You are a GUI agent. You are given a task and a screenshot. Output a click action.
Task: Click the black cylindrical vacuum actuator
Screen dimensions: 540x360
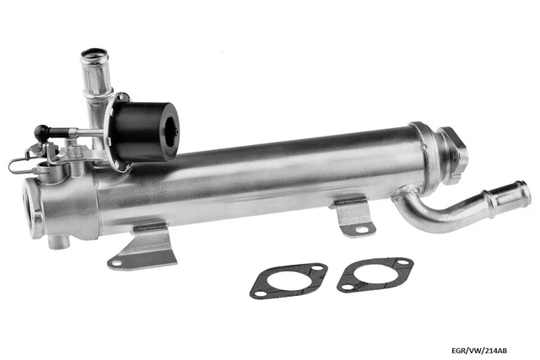144,132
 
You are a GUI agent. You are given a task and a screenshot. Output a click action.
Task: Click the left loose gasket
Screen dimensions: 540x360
289,281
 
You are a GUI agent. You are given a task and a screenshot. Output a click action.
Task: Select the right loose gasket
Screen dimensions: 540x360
375,275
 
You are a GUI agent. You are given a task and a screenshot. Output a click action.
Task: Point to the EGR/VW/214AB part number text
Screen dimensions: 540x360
479,351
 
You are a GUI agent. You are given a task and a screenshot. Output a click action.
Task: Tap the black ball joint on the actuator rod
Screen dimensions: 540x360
41,132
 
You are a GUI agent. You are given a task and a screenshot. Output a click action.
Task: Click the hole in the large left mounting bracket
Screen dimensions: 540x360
117,263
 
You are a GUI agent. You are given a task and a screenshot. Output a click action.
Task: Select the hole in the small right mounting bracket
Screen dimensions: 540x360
360,228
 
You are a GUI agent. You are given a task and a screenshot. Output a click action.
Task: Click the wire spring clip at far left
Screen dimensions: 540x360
17,165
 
